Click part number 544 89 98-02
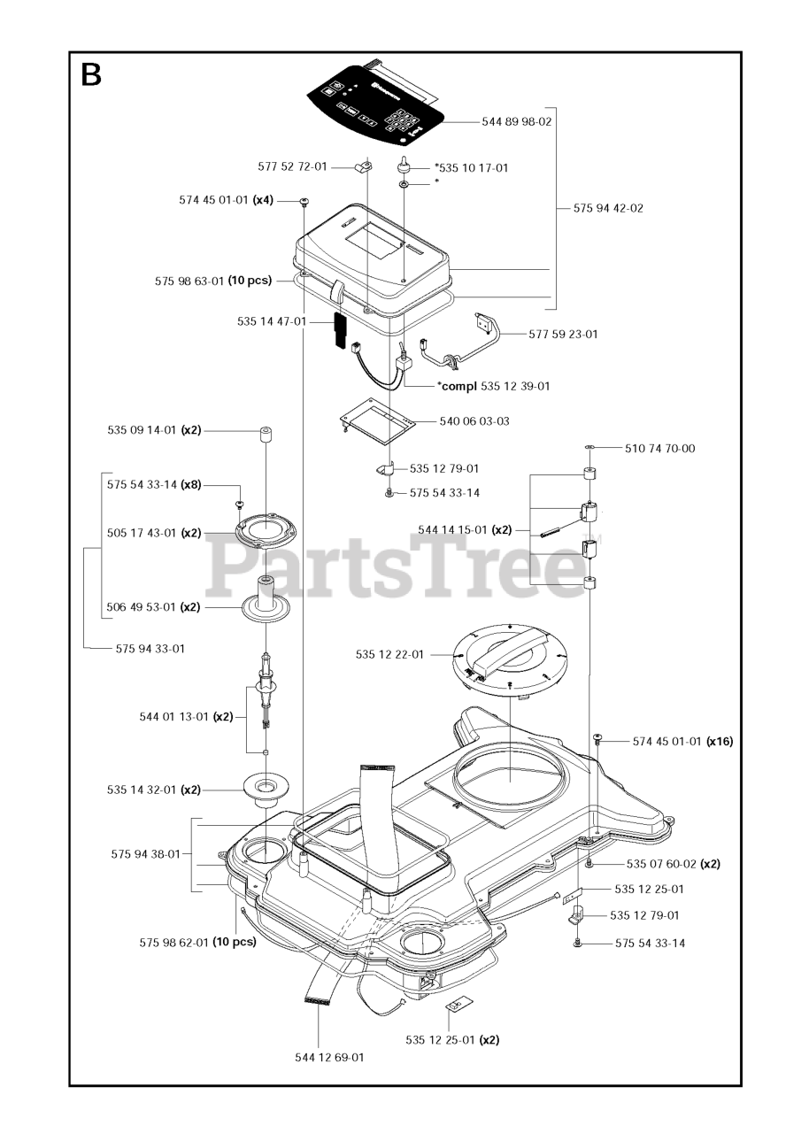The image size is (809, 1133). (x=516, y=122)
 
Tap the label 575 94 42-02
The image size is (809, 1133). (x=608, y=209)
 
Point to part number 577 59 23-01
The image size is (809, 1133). (x=563, y=335)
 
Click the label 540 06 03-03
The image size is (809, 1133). (x=474, y=421)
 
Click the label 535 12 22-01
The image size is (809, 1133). (x=389, y=655)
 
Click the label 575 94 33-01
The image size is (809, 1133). (x=150, y=649)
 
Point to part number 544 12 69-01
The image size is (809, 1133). (x=329, y=1057)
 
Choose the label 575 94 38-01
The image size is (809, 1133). (x=146, y=854)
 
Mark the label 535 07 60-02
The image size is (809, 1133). (x=661, y=864)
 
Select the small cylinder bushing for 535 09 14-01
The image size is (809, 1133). (x=265, y=435)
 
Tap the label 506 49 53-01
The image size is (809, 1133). (x=142, y=608)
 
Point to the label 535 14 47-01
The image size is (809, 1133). (x=272, y=321)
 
